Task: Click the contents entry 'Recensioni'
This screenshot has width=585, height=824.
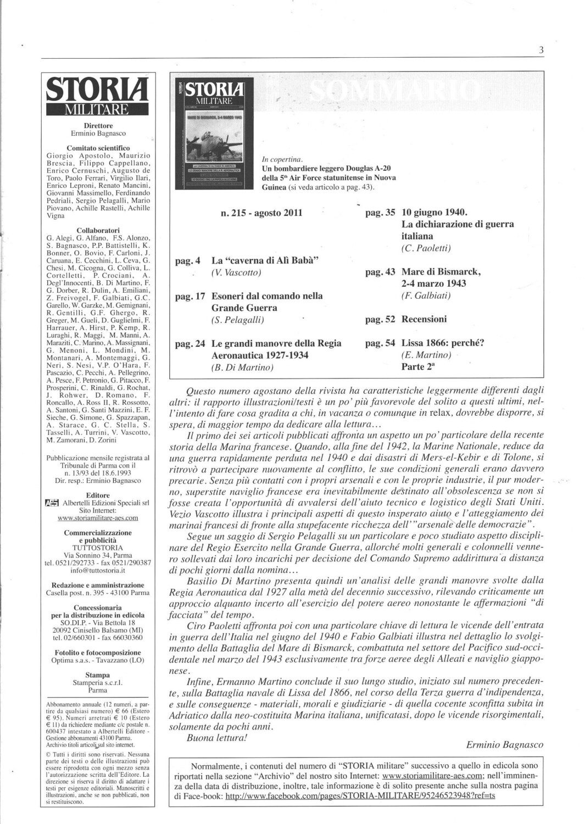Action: [x=424, y=319]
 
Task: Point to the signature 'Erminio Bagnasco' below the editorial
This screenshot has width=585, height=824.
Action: [x=504, y=745]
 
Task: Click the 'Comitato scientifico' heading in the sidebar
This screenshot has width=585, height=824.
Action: [x=98, y=148]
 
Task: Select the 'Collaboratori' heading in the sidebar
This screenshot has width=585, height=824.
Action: [x=98, y=230]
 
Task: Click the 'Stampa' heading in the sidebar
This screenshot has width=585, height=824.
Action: [x=98, y=675]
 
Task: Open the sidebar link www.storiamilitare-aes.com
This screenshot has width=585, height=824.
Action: [x=98, y=517]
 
